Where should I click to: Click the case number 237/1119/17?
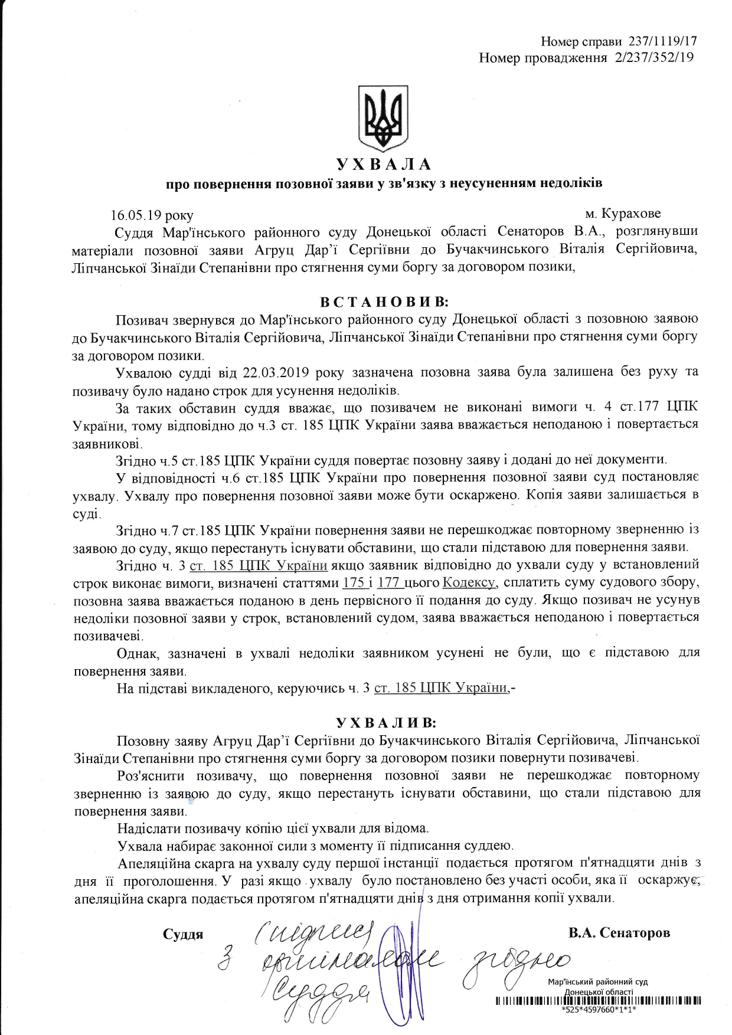tap(663, 41)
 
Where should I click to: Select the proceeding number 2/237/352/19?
tap(653, 57)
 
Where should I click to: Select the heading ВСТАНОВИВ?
tap(384, 302)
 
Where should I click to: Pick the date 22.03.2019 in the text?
tap(277, 372)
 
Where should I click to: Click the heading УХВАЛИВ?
tap(387, 722)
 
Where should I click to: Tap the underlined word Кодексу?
tap(468, 582)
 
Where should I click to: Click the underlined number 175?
tap(353, 582)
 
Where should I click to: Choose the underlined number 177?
tap(389, 582)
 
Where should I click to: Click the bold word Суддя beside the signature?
tap(183, 934)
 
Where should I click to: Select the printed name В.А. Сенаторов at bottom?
tap(619, 933)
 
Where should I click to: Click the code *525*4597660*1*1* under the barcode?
tap(599, 1009)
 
